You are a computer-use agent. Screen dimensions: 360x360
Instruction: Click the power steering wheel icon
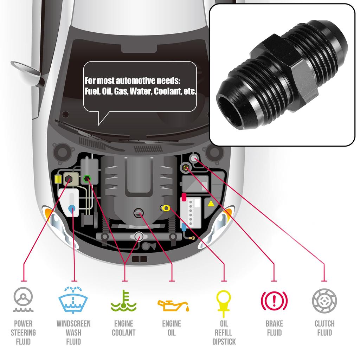click(x=23, y=300)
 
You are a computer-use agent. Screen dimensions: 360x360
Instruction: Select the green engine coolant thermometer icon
click(x=123, y=301)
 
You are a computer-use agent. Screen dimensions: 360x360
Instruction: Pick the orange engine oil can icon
click(x=173, y=306)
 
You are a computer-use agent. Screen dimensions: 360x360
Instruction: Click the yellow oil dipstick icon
click(x=224, y=303)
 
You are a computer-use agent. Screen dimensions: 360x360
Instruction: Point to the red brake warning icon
click(x=274, y=301)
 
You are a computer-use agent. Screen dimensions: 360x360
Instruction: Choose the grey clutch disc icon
click(x=324, y=301)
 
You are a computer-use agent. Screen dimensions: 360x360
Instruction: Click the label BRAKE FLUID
click(x=274, y=328)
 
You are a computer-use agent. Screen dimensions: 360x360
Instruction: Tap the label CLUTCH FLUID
click(x=324, y=328)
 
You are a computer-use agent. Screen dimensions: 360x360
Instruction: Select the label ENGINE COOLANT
click(x=123, y=328)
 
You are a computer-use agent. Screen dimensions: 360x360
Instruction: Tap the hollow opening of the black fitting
click(x=230, y=112)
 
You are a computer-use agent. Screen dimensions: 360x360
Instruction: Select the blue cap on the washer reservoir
click(x=72, y=208)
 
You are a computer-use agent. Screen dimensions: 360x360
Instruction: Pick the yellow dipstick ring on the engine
click(x=166, y=208)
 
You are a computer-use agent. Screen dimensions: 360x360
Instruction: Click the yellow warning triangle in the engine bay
click(x=211, y=204)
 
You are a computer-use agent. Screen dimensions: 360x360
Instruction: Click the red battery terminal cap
click(x=184, y=197)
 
